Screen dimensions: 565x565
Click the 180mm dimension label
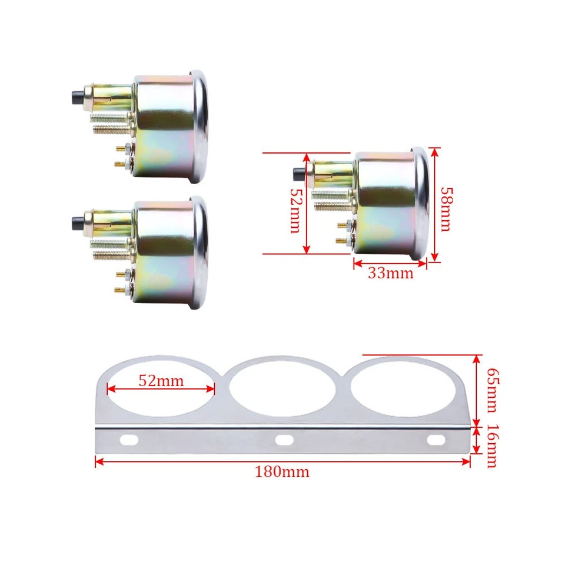[x=282, y=471]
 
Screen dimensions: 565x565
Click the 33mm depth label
[x=390, y=273]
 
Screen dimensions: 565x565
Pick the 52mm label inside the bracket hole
[x=161, y=381]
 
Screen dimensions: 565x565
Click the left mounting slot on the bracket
[x=130, y=439]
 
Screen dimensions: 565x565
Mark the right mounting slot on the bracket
[x=436, y=439]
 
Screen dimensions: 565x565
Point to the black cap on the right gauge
[x=298, y=174]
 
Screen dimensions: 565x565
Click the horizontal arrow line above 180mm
[x=282, y=461]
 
